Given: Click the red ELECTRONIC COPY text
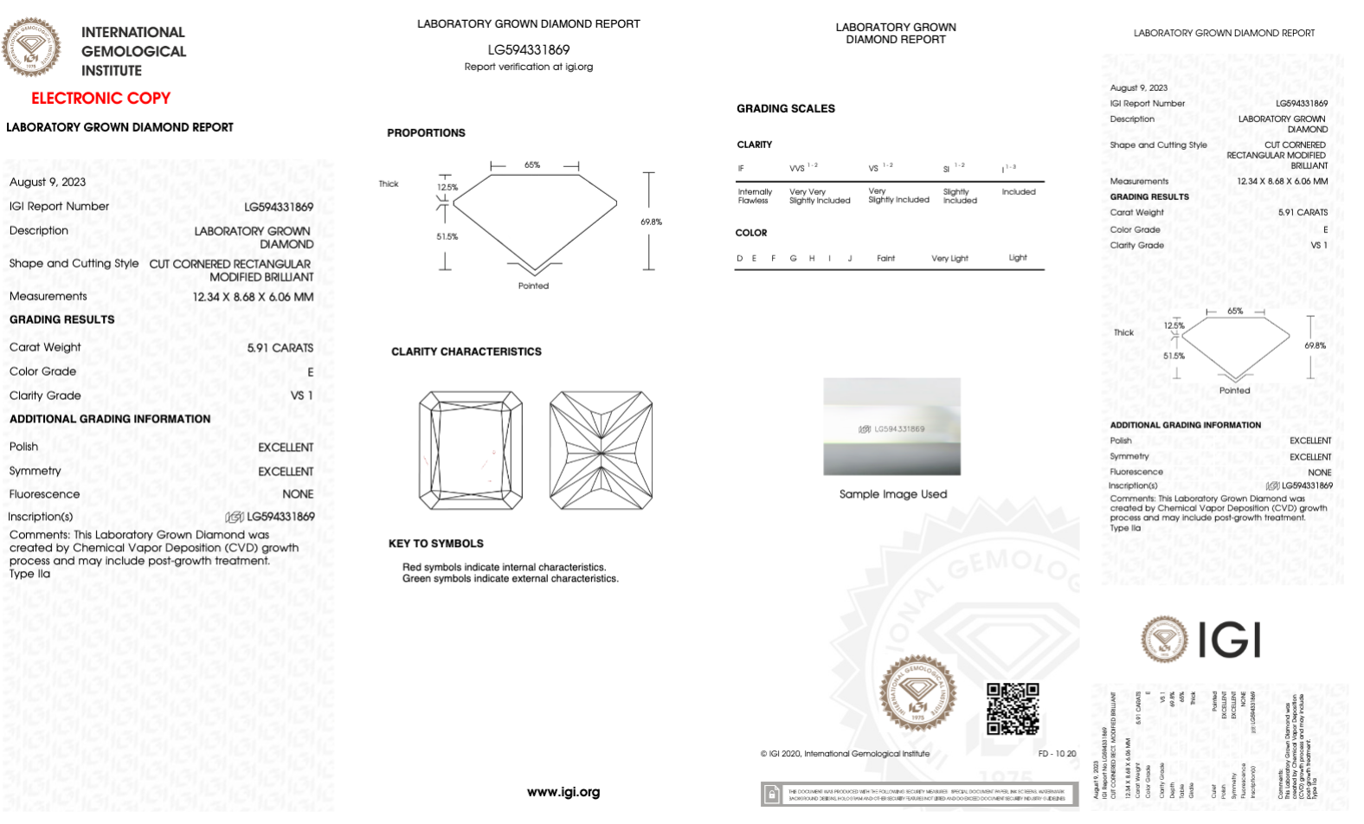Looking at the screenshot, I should [100, 98].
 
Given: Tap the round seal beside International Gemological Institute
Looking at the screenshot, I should [31, 48].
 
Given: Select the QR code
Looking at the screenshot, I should [1013, 708].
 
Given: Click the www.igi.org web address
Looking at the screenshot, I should [563, 792].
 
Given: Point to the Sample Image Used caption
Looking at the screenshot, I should [892, 494].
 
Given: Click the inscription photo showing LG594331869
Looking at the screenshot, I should [891, 426].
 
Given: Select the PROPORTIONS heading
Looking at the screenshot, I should [426, 132].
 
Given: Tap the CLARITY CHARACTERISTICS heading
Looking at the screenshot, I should [466, 351].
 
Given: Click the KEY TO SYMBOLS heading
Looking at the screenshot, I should [435, 544].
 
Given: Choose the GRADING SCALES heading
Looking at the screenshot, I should [785, 108].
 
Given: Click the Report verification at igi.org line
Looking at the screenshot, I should [528, 67].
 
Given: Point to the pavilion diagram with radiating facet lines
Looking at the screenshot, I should [601, 450].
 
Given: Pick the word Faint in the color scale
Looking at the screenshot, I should [885, 258].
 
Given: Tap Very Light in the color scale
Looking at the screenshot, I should [949, 258].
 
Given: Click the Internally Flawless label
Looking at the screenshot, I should [754, 196].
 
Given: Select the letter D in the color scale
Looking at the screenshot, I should [739, 258].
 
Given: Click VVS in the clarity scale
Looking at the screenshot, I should [797, 169].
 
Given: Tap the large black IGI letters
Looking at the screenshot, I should [1229, 641].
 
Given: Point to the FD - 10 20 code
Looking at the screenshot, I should [1057, 754].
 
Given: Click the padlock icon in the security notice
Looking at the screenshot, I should [770, 794].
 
